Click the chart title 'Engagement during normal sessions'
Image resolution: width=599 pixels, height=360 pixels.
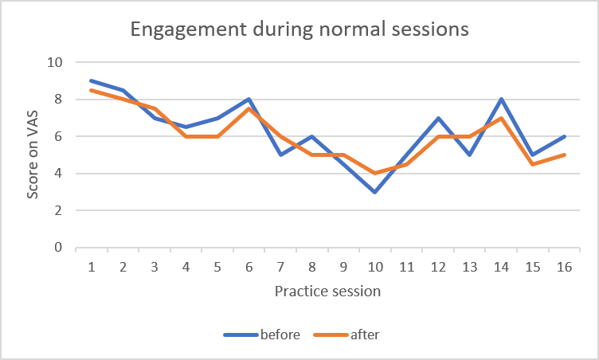tap(299, 31)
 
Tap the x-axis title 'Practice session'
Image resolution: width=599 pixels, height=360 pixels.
tap(327, 291)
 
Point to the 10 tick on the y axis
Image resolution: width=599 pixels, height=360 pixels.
tap(56, 62)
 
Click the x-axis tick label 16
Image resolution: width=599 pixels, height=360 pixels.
tap(562, 268)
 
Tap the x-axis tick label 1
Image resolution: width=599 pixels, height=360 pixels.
tap(92, 268)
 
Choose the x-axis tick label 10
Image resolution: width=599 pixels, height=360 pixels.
tap(374, 268)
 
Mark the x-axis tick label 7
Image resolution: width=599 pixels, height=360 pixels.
tap(280, 268)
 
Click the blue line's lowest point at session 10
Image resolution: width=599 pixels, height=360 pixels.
tap(374, 192)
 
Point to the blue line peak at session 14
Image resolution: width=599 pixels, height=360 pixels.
tap(499, 100)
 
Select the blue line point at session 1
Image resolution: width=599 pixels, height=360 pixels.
tap(92, 80)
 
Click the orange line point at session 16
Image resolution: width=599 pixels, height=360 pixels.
tap(562, 155)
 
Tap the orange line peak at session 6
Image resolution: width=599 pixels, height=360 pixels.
tap(249, 108)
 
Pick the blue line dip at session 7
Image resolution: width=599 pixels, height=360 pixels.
tap(280, 155)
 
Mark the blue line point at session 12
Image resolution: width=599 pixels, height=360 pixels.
tap(437, 118)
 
